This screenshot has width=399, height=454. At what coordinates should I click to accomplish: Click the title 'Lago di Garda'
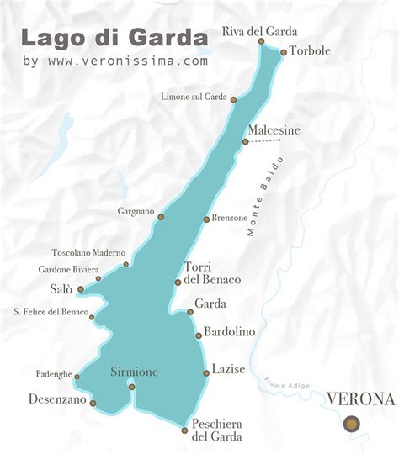click(114, 37)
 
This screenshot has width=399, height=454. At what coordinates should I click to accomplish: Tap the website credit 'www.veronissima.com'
click(127, 61)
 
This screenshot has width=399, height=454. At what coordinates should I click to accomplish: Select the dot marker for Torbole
click(284, 52)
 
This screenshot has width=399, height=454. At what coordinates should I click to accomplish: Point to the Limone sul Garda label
click(194, 98)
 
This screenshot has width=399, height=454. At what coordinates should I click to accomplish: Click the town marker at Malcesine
click(245, 142)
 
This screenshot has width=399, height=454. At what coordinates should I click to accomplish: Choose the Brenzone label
click(230, 218)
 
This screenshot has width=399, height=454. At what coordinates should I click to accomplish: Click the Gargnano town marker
click(161, 217)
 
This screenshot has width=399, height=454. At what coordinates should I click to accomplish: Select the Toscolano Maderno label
click(88, 252)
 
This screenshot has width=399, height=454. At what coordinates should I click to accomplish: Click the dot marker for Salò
click(81, 289)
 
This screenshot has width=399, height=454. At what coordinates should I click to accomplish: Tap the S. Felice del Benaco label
click(51, 312)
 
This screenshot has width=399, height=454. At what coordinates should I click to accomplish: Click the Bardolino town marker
click(199, 335)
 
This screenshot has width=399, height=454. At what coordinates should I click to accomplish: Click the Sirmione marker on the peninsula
click(131, 387)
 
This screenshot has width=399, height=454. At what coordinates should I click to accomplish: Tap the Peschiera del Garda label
click(217, 430)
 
